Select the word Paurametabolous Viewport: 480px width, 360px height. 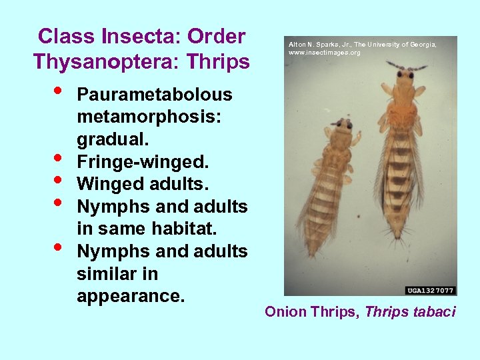(155, 95)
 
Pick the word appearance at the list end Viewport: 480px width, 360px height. (130, 296)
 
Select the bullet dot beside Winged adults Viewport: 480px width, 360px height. (59, 181)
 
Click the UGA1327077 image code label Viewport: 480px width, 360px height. (431, 290)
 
